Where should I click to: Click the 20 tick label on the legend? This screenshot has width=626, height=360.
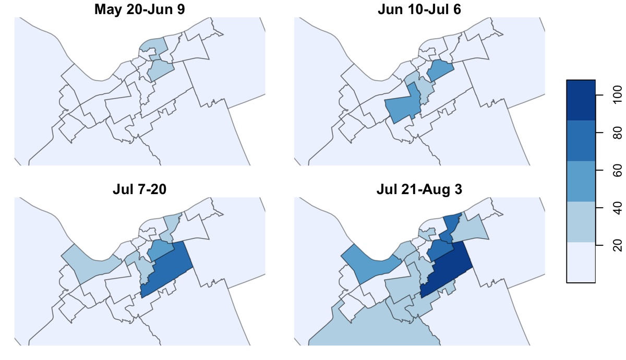click(x=615, y=243)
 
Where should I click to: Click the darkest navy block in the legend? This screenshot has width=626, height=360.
click(x=580, y=100)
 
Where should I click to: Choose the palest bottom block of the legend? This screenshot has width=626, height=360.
click(x=580, y=262)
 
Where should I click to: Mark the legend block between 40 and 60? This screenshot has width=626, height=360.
click(x=580, y=181)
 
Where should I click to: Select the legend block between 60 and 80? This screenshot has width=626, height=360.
click(x=580, y=141)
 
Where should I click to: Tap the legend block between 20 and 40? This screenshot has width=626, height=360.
click(x=580, y=222)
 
